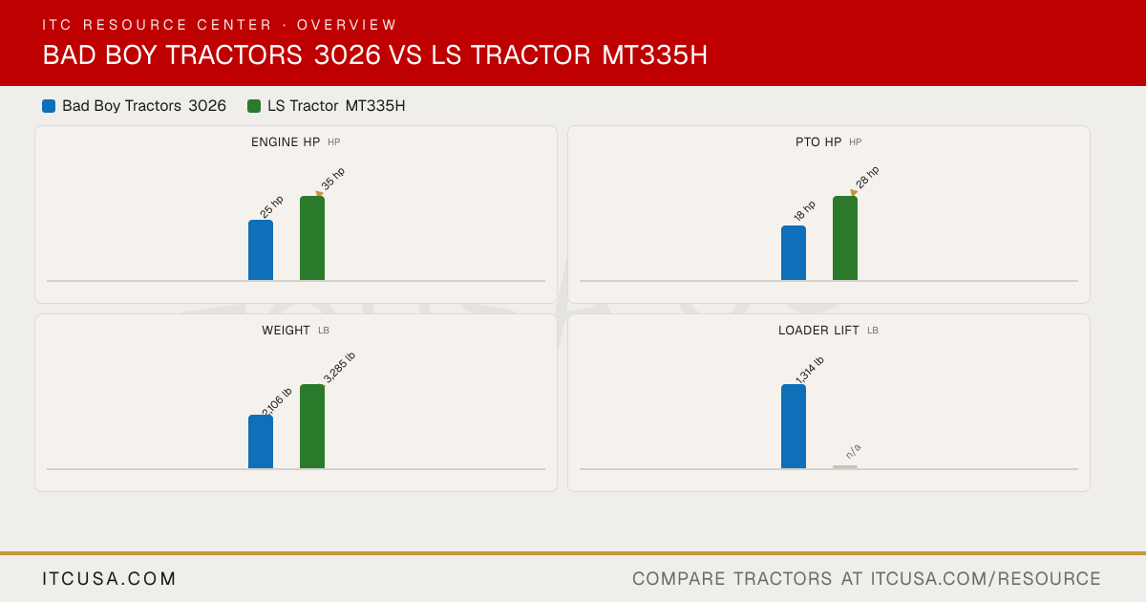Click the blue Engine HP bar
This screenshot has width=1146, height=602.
click(261, 250)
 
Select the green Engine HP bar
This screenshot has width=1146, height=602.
click(312, 238)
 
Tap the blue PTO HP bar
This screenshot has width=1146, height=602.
click(794, 253)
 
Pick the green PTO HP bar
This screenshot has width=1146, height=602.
click(845, 238)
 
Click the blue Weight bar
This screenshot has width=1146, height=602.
click(261, 441)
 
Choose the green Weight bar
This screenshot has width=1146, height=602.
click(312, 426)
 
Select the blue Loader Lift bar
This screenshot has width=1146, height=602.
click(794, 426)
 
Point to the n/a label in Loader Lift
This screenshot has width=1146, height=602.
click(854, 451)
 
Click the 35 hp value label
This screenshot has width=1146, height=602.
click(333, 179)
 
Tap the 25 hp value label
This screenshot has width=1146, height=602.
click(271, 206)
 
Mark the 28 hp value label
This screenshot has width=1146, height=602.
click(867, 178)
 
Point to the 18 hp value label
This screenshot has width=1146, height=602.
click(804, 211)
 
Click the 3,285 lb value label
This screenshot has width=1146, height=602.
click(339, 367)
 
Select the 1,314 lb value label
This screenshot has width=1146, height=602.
click(810, 370)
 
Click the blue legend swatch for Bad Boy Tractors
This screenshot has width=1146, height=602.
click(49, 106)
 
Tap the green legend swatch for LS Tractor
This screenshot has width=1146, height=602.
click(254, 106)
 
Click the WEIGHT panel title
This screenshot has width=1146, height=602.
click(286, 331)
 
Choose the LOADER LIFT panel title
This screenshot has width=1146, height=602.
click(818, 331)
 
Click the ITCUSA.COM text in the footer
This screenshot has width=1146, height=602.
click(109, 578)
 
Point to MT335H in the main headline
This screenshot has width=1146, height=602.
click(654, 54)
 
